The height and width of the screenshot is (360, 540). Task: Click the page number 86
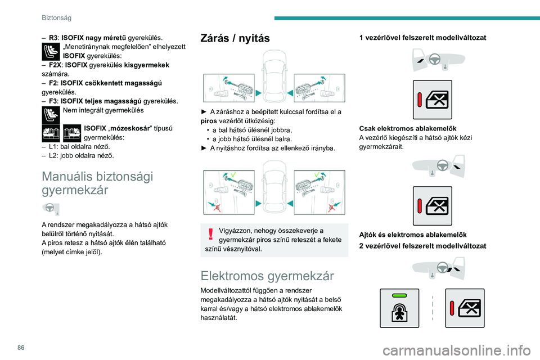[21, 348]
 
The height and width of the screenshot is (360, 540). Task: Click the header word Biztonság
[56, 17]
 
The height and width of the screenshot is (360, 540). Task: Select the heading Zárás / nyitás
[235, 38]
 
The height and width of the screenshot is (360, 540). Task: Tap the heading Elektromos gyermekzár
[267, 276]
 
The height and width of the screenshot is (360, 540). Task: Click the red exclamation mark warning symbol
[211, 234]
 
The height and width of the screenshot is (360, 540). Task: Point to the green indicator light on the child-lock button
[399, 295]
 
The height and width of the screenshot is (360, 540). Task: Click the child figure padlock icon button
[399, 308]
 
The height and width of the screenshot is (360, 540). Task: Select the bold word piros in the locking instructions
[209, 121]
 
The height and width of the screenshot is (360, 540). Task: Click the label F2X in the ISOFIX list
[55, 65]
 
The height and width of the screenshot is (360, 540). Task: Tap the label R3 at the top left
[53, 38]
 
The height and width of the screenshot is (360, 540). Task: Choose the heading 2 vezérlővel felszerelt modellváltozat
[422, 246]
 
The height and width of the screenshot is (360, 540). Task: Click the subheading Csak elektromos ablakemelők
[408, 128]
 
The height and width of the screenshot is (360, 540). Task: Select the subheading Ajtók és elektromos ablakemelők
[413, 235]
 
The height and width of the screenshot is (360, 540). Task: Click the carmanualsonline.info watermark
[457, 350]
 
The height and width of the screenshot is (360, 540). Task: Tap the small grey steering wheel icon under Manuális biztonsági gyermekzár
[50, 208]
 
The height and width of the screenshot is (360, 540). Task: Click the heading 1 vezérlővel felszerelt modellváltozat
[422, 38]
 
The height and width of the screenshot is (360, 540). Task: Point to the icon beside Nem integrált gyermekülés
[51, 115]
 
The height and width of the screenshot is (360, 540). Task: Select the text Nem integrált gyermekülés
[103, 110]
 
